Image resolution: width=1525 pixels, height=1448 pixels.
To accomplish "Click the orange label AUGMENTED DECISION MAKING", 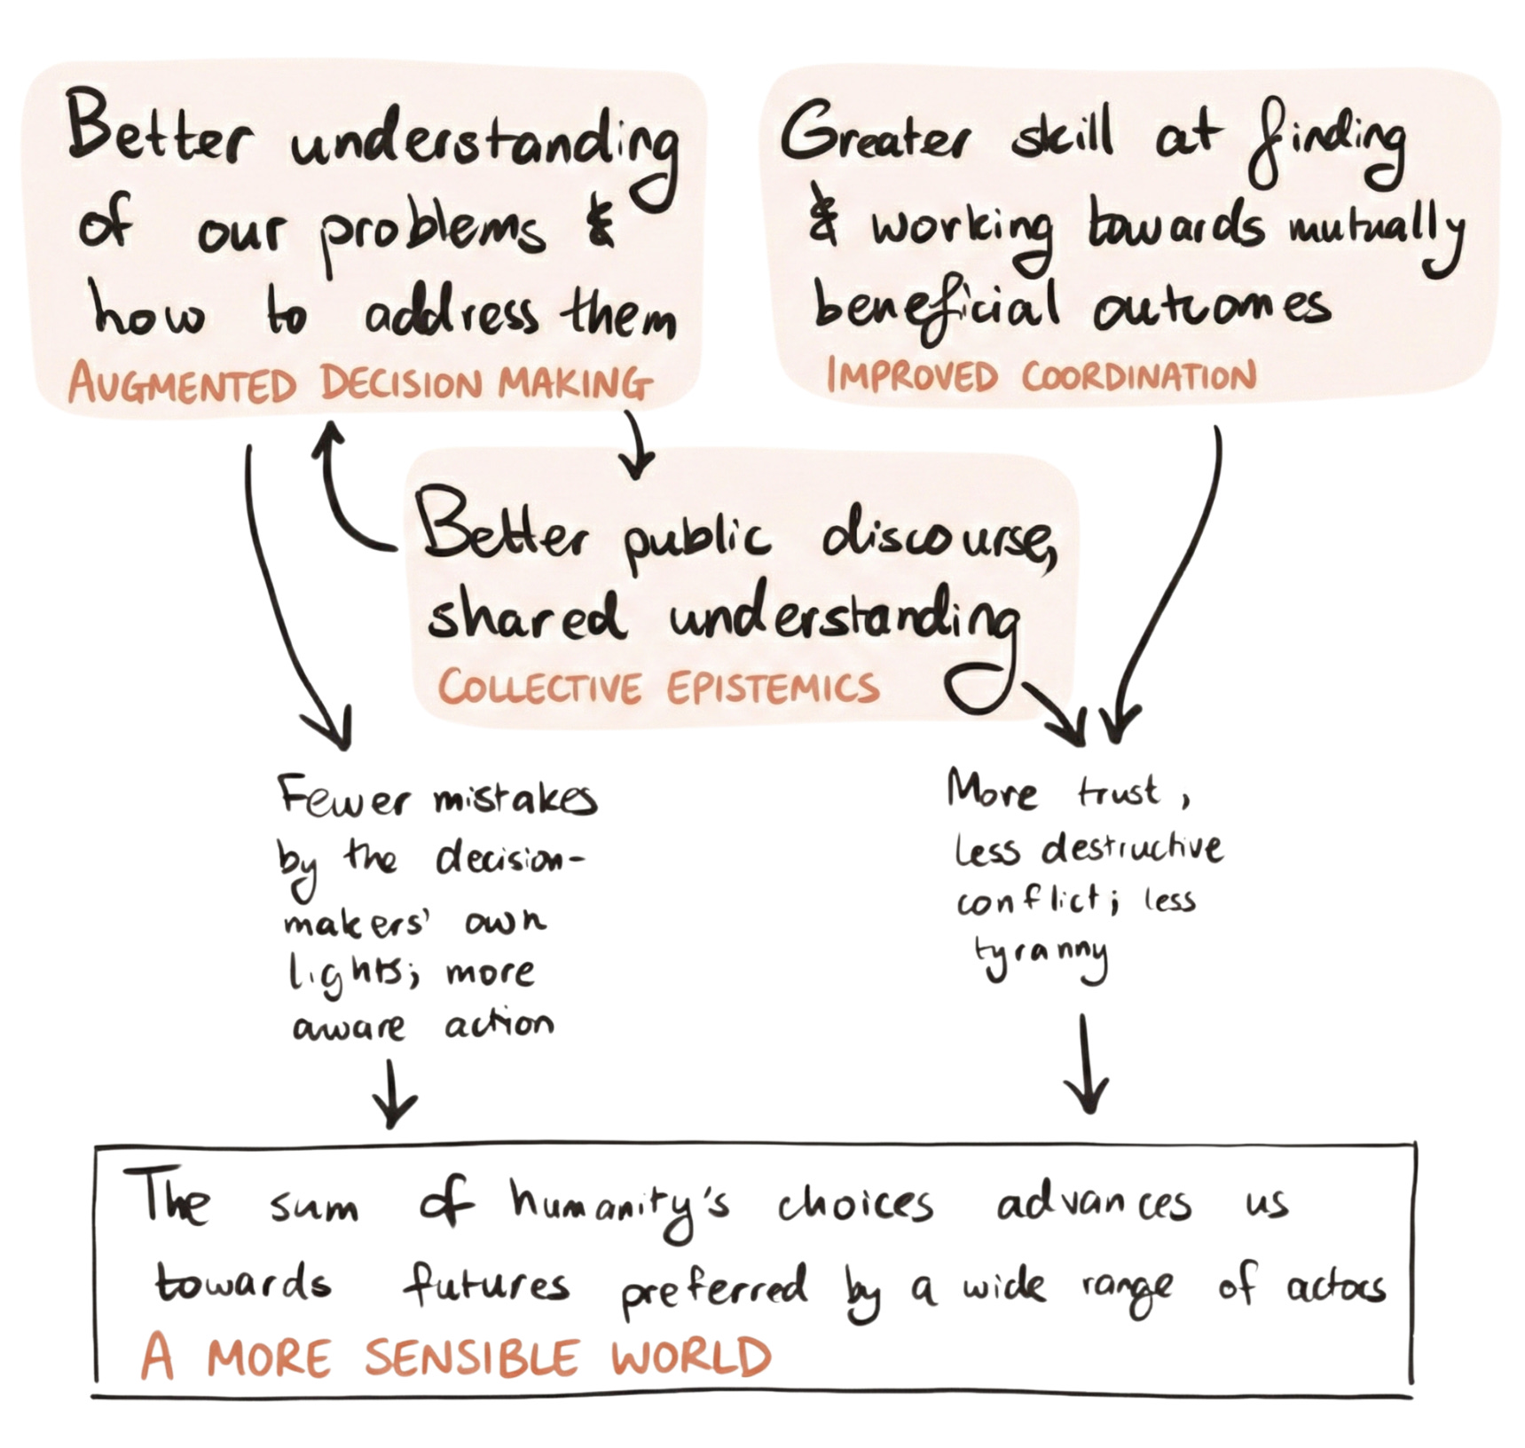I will tap(360, 383).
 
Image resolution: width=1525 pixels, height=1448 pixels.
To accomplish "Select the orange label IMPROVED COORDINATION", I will tap(1041, 375).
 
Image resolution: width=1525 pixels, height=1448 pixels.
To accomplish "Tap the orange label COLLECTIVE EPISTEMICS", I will tap(657, 688).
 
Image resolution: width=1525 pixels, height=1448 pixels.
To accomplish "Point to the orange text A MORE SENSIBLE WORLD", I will tap(456, 1358).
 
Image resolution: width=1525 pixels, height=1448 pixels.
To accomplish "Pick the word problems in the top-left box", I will tap(432, 232).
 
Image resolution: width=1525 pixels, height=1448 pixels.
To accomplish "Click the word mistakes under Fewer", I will tap(515, 800).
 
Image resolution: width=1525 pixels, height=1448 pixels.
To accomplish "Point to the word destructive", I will tap(1133, 848).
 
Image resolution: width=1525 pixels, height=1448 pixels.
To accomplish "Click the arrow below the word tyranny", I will tap(1085, 1065).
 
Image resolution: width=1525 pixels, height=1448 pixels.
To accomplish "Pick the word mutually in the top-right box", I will tap(1374, 230).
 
